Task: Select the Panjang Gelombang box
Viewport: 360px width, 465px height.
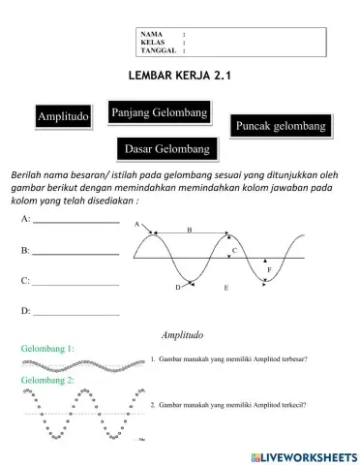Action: pos(161,114)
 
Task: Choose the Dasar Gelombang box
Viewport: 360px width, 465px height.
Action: pos(165,148)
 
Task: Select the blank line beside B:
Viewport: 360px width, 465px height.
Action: pos(76,254)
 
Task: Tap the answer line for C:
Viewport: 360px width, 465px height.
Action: pos(76,284)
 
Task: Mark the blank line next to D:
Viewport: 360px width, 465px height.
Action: pos(76,314)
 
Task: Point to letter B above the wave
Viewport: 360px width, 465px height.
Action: pos(189,230)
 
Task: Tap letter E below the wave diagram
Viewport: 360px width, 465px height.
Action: pos(225,289)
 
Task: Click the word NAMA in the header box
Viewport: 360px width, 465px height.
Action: pos(151,35)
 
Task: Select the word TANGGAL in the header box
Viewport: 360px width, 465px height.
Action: pos(157,51)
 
